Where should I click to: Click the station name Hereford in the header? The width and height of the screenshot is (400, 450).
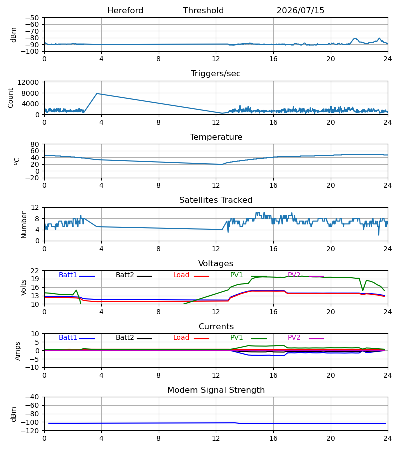[x=125, y=10]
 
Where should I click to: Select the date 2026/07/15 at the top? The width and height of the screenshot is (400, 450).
[x=300, y=10]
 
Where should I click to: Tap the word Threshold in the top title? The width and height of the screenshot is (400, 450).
[x=203, y=10]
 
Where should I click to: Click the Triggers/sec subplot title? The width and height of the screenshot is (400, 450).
[x=216, y=74]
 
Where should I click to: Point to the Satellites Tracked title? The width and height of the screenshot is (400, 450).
[x=216, y=200]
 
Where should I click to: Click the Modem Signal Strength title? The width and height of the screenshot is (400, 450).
[x=216, y=390]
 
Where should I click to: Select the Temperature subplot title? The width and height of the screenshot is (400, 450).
[x=216, y=137]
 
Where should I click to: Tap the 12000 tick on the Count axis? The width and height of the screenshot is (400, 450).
[x=28, y=82]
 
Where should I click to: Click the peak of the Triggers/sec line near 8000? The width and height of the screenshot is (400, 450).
[x=97, y=93]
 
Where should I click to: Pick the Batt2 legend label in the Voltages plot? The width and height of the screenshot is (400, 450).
[x=125, y=275]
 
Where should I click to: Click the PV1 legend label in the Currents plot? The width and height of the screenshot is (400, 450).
[x=236, y=338]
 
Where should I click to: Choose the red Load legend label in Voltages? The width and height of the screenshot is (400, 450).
[x=181, y=275]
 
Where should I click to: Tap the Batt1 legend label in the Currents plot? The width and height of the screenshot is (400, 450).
[x=68, y=338]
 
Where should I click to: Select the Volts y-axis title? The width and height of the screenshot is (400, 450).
[x=24, y=287]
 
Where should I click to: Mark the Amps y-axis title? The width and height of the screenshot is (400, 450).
[x=18, y=351]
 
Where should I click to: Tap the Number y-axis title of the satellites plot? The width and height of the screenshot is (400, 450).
[x=24, y=225]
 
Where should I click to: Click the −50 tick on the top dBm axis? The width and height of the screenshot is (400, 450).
[x=32, y=18]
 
